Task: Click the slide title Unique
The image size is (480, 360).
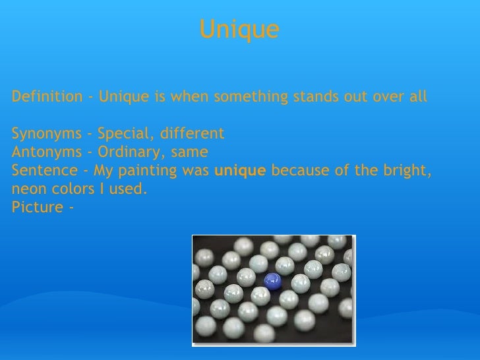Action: coord(239,30)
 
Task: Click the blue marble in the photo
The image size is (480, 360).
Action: coord(271,282)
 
